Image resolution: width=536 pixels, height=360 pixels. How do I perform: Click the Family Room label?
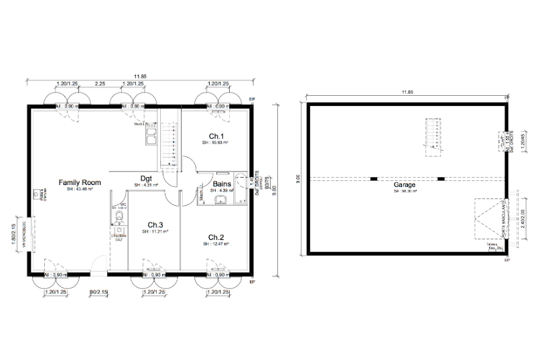(79, 182)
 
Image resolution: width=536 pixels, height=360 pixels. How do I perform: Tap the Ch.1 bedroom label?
(216, 135)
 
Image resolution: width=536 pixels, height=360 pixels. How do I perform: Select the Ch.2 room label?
(216, 237)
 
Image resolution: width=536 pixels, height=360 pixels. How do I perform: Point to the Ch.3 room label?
(155, 225)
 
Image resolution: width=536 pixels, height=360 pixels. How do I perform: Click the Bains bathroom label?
(222, 184)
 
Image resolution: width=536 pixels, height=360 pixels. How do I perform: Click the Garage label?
(405, 184)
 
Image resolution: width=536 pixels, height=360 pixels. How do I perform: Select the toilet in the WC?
(119, 219)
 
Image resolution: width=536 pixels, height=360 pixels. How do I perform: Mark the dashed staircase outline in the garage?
(434, 137)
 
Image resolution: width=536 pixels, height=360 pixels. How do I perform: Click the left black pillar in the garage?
(374, 178)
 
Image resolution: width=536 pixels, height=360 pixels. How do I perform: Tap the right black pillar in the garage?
(440, 178)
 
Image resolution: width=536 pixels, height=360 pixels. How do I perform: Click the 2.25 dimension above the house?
(99, 83)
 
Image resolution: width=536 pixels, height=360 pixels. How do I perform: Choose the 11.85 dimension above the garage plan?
(405, 91)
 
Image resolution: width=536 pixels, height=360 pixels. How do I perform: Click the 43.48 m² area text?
(79, 190)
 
